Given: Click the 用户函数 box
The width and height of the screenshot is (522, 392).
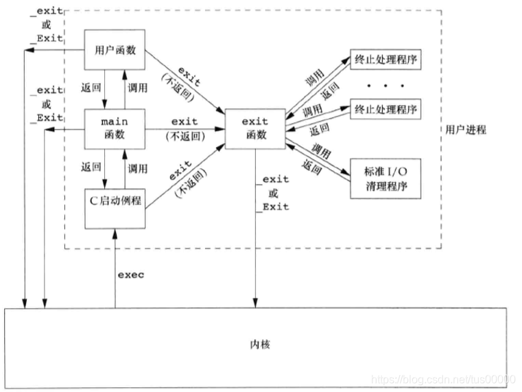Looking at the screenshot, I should click(x=115, y=49).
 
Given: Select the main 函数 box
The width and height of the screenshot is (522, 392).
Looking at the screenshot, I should click(x=115, y=128).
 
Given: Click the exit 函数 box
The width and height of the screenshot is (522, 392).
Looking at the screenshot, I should click(x=255, y=128).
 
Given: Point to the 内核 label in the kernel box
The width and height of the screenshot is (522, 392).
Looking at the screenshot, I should click(x=261, y=343).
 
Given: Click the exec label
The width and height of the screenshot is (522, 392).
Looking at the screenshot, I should click(x=130, y=275).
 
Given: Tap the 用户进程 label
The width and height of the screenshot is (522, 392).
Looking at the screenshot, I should click(x=466, y=129).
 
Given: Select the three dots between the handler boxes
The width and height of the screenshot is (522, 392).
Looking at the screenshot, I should click(x=384, y=86).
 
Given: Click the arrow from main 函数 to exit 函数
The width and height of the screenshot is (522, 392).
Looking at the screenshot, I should click(x=185, y=128).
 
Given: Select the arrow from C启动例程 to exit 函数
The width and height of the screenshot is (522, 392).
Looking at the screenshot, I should click(x=185, y=177).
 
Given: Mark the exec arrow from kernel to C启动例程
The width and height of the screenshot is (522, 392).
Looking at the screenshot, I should click(x=115, y=268).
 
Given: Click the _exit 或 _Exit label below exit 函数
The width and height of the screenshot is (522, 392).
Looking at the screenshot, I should click(x=272, y=193).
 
